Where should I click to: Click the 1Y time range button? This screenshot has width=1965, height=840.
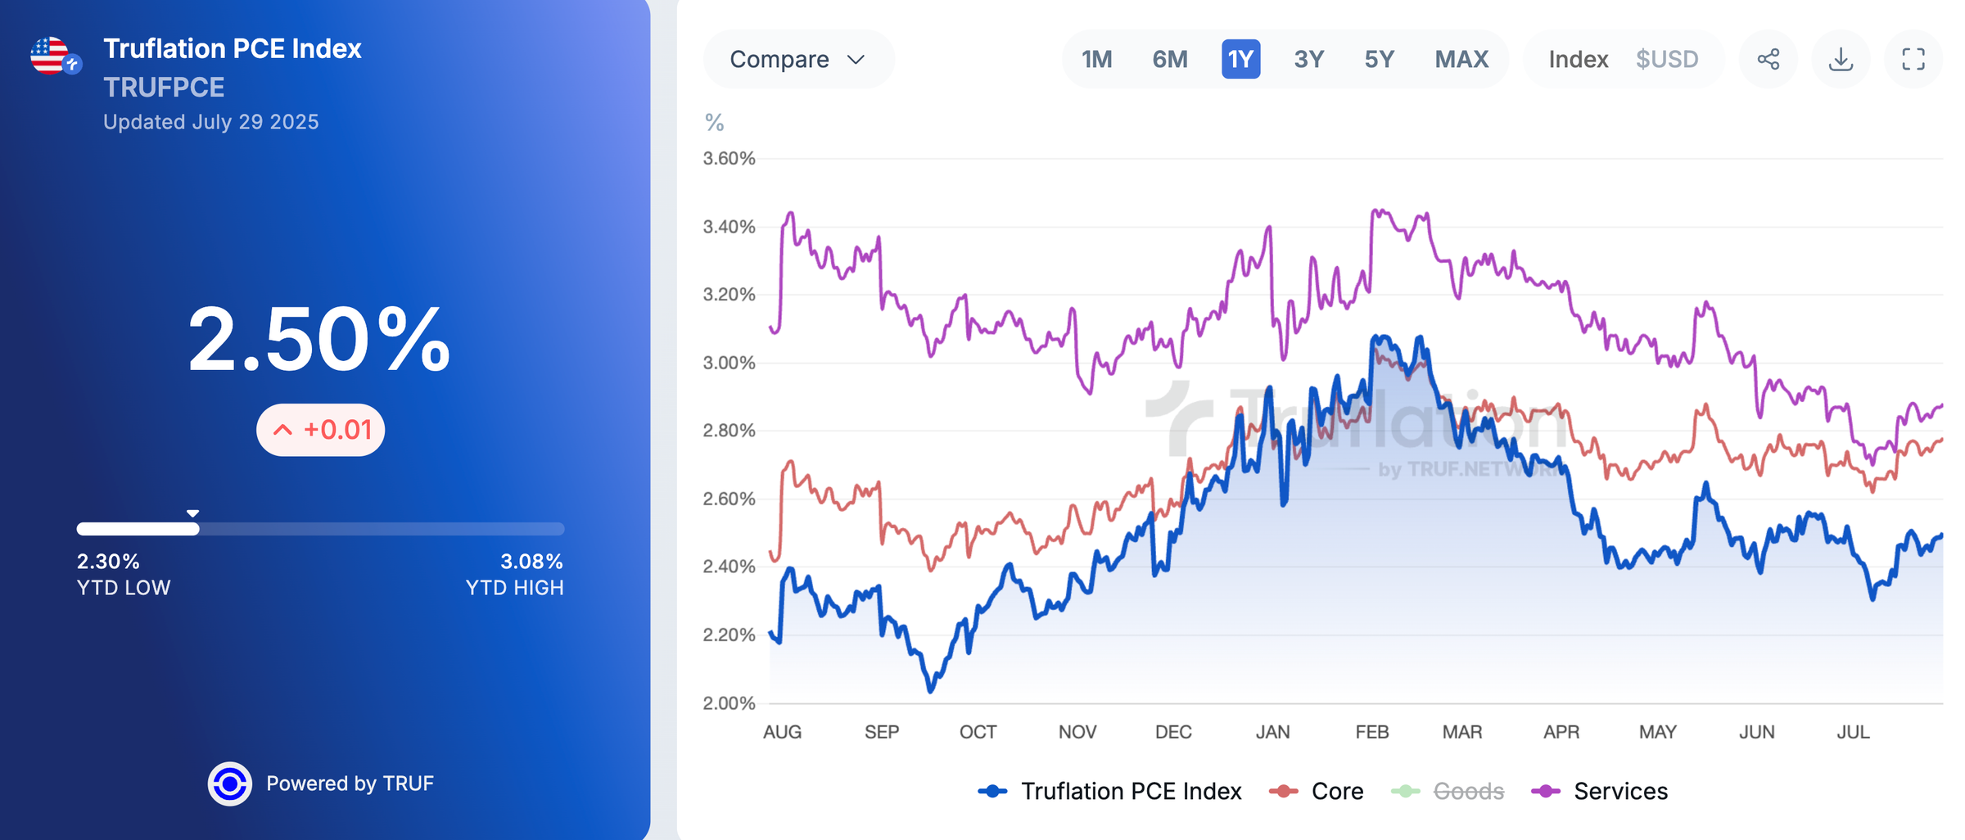coord(1240,60)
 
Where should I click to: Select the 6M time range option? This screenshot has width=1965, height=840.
coord(1169,60)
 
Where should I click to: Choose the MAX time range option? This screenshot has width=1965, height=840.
coord(1461,60)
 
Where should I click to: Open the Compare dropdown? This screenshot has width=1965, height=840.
coord(797,60)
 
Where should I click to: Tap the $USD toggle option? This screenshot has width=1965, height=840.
coord(1666,60)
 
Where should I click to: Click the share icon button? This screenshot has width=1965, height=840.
coord(1768,60)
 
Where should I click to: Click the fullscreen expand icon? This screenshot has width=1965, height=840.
coord(1913,60)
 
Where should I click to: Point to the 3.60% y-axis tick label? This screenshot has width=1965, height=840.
coord(729,159)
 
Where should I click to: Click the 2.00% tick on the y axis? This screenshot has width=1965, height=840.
coord(729,703)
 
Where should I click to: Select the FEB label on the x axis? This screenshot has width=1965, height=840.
coord(1371,732)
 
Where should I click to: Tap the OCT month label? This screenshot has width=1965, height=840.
coord(978,732)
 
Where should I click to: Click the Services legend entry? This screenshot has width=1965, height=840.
coord(1601,792)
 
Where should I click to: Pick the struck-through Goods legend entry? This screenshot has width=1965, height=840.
coord(1449,792)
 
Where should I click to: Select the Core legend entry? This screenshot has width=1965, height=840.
coord(1317,792)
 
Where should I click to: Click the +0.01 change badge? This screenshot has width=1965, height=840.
coord(321,430)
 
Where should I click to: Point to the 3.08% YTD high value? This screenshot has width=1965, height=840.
coord(531,562)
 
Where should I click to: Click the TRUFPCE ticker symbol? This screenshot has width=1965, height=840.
coord(164,88)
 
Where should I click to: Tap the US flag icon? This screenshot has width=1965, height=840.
coord(50,56)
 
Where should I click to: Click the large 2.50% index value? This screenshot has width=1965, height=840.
coord(319,340)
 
